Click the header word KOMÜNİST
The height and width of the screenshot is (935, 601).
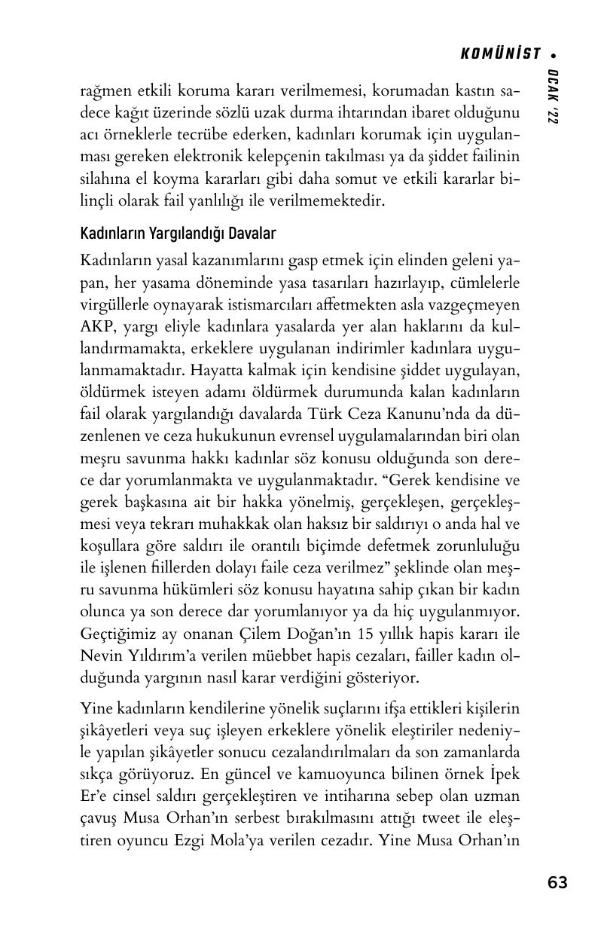pyautogui.click(x=500, y=53)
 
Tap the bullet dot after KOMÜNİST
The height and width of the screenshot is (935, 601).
pyautogui.click(x=554, y=54)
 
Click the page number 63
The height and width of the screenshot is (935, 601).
pyautogui.click(x=557, y=882)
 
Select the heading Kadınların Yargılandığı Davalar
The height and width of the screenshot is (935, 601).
pyautogui.click(x=178, y=234)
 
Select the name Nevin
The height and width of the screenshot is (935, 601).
pyautogui.click(x=99, y=655)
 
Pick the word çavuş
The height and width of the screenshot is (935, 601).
pyautogui.click(x=99, y=817)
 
